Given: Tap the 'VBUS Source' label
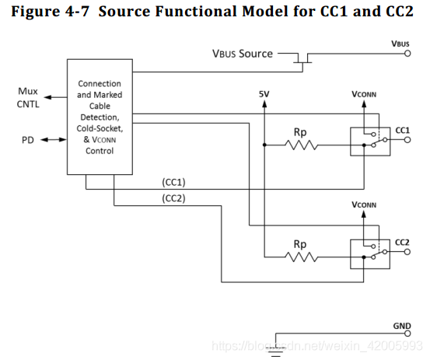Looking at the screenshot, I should [243, 54].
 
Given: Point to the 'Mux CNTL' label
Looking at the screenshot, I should [27, 97].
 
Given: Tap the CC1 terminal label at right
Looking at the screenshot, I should [402, 130].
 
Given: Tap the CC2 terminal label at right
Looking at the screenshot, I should [402, 243].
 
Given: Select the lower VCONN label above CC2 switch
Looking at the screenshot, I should [364, 206].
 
